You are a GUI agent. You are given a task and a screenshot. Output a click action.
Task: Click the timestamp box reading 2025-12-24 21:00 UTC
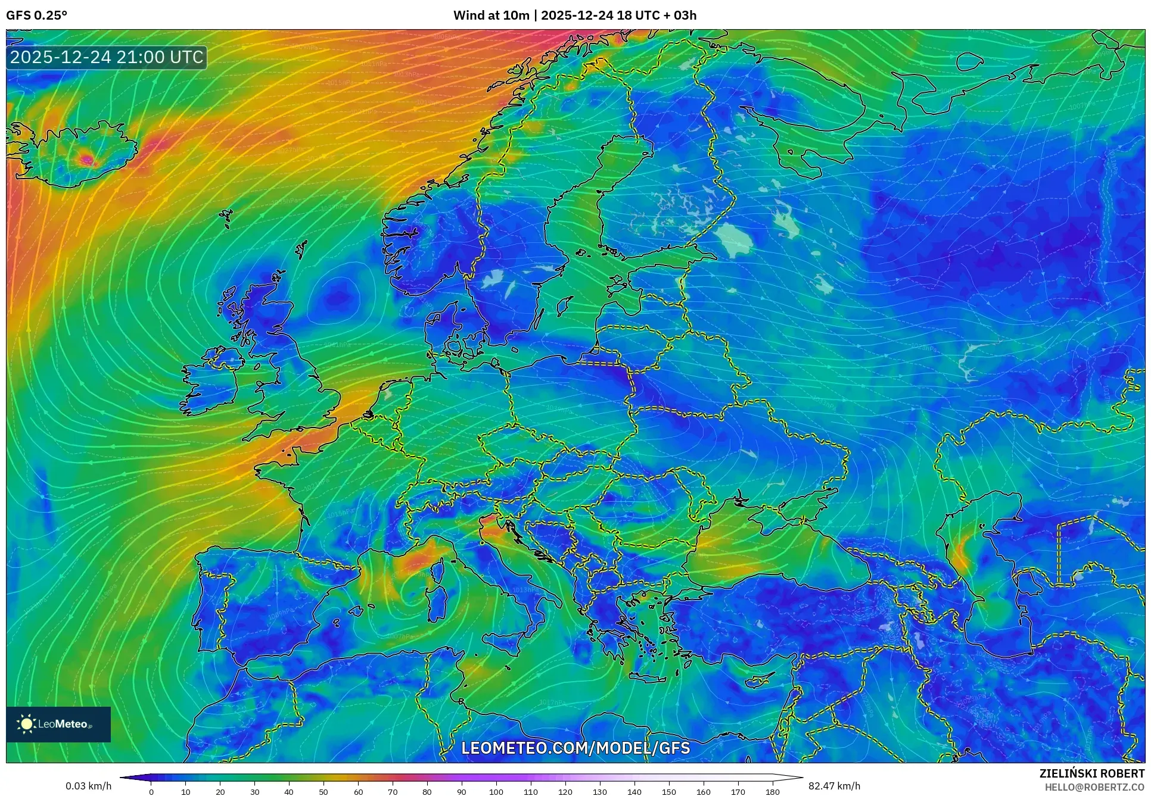pyautogui.click(x=107, y=57)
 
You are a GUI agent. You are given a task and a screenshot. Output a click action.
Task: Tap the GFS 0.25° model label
pyautogui.click(x=36, y=15)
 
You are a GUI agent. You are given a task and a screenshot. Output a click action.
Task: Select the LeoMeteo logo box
pyautogui.click(x=58, y=724)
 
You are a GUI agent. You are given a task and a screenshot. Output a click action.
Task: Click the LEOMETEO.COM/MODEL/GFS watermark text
pyautogui.click(x=575, y=748)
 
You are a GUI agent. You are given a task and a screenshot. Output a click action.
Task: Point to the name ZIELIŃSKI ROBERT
pyautogui.click(x=1092, y=773)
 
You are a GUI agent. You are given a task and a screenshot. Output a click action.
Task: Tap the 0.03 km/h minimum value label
pyautogui.click(x=88, y=786)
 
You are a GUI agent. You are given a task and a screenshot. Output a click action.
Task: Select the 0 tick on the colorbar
pyautogui.click(x=151, y=792)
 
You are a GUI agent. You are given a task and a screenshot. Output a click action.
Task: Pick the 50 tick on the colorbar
pyautogui.click(x=323, y=792)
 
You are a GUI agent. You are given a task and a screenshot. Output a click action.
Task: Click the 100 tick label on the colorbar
pyautogui.click(x=496, y=792)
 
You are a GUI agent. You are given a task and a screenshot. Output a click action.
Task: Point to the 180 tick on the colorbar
pyautogui.click(x=772, y=792)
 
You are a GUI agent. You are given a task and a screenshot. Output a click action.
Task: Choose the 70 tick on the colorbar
pyautogui.click(x=393, y=792)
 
